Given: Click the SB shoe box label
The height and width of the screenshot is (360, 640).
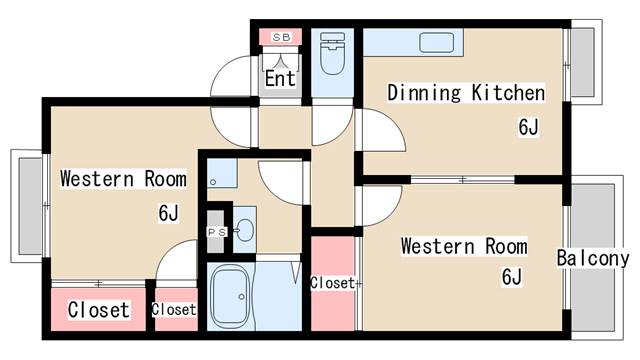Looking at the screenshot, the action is (x=281, y=38).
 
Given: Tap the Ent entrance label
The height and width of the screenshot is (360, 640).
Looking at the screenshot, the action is (x=280, y=78).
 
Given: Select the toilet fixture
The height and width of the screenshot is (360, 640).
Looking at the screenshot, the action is (x=332, y=53).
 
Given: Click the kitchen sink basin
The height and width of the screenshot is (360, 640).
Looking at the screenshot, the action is (x=436, y=42).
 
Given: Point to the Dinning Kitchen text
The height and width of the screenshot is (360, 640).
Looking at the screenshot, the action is (x=466, y=93).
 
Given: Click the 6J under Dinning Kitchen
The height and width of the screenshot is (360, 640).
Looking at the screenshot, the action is (x=529, y=127).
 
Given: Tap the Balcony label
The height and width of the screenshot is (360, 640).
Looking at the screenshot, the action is (x=593, y=258).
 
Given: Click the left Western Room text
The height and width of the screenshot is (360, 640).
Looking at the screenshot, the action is (x=123, y=179).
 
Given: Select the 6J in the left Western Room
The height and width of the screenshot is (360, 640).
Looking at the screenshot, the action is (x=169, y=213).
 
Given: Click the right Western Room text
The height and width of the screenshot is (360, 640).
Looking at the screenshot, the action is (x=464, y=246).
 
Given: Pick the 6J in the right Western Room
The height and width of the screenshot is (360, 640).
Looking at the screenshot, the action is (x=512, y=277).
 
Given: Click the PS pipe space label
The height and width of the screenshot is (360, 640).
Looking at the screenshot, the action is (x=217, y=232).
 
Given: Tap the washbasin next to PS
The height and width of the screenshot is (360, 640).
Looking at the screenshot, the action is (x=244, y=230).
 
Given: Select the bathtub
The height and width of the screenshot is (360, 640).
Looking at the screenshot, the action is (x=230, y=296).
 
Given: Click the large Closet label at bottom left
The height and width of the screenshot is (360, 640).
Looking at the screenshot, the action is (x=99, y=310).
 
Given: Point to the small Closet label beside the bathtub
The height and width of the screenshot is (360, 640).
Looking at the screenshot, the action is (x=174, y=309).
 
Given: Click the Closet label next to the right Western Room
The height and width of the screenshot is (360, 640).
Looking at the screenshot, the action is (x=333, y=283).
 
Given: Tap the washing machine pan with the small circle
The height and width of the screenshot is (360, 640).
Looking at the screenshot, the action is (x=222, y=173).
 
